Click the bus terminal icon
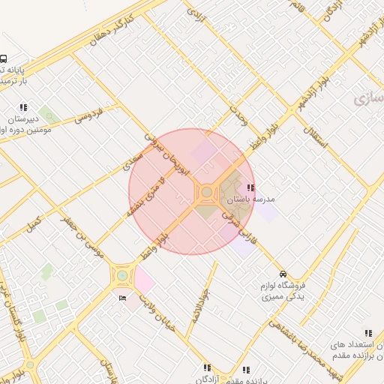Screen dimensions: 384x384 (4, 58)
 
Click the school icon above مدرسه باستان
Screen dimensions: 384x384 (250, 187)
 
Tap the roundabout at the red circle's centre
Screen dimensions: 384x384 (206, 193)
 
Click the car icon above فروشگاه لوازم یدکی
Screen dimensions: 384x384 (283, 273)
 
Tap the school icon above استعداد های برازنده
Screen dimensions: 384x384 (367, 333)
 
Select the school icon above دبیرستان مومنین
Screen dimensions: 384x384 (24, 107)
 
